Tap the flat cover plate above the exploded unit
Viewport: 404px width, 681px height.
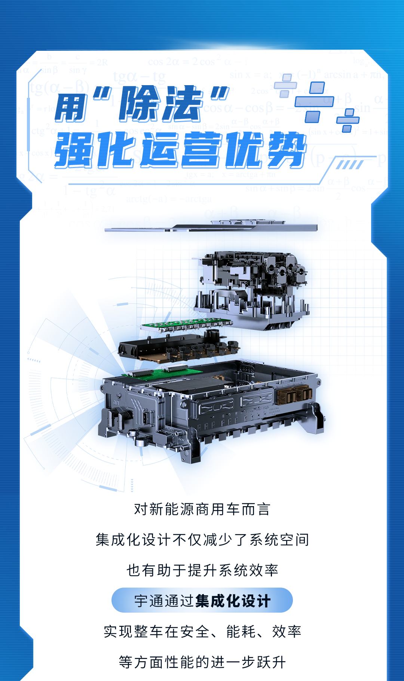pos(211,226)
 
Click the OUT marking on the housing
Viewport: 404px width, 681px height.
pos(116,403)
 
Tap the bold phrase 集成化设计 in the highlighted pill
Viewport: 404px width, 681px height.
pos(233,601)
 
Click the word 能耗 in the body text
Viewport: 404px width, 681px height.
pos(241,632)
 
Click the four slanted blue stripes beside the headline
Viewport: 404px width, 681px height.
pos(349,165)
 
